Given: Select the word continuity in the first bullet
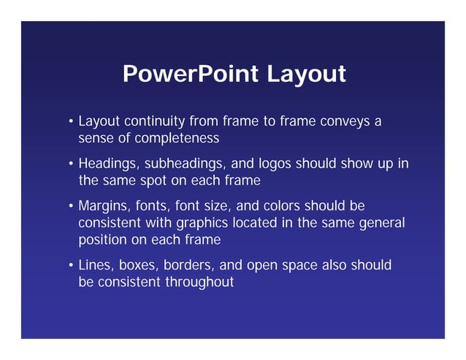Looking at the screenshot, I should [x=155, y=120].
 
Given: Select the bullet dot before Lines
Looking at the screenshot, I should [x=71, y=265].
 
